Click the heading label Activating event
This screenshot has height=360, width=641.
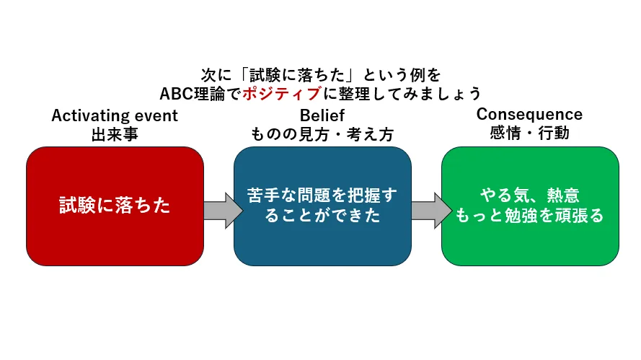[x=115, y=115]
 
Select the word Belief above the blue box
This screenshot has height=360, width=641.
[x=322, y=115]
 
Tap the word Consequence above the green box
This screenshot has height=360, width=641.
[x=529, y=114]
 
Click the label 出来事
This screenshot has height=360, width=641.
[x=115, y=134]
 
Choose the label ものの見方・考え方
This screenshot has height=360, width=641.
[x=322, y=134]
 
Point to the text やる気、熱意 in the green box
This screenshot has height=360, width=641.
[x=530, y=195]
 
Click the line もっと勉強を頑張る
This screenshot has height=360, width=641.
[x=530, y=215]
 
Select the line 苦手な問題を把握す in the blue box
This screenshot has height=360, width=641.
[x=322, y=196]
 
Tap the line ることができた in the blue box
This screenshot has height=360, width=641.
[x=322, y=216]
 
